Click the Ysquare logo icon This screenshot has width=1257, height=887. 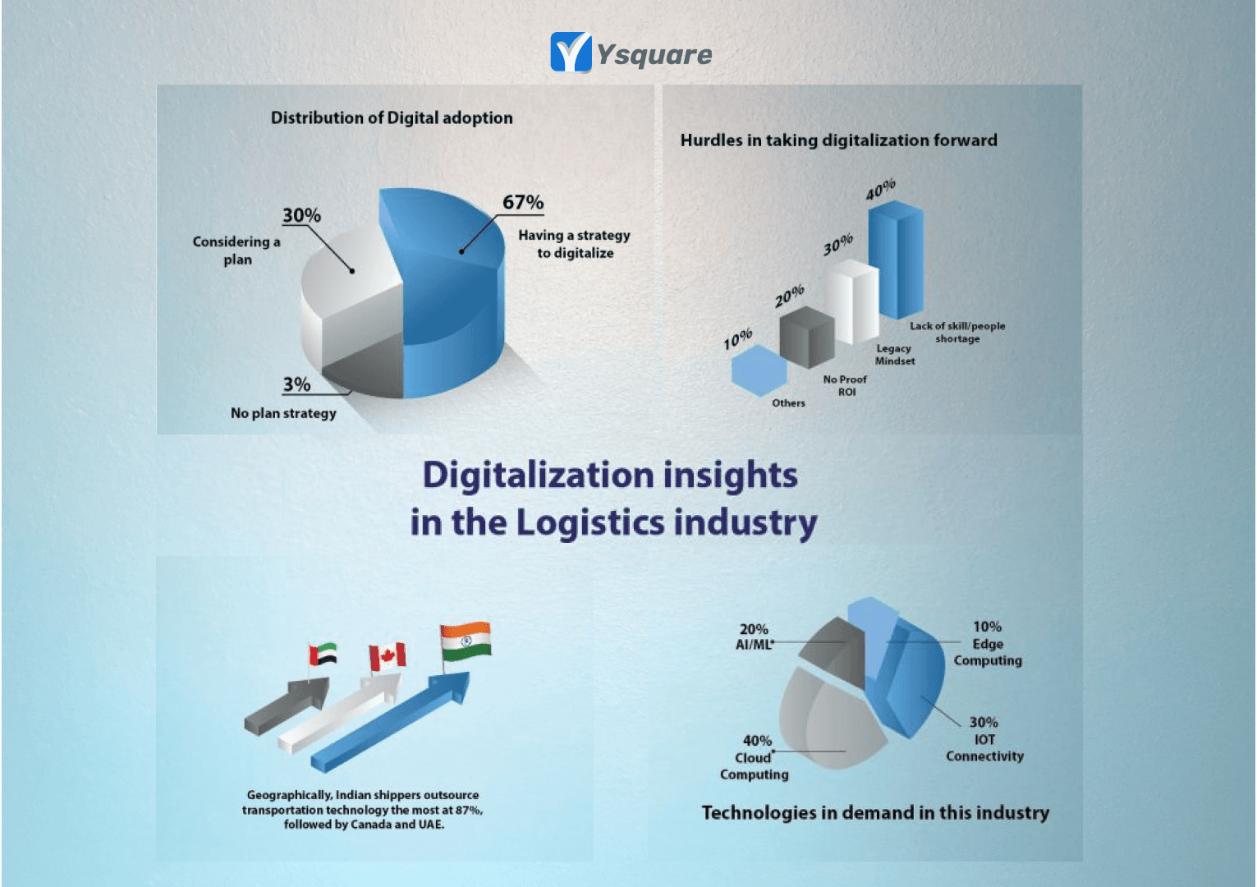(x=571, y=53)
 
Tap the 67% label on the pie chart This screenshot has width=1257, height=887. (x=523, y=202)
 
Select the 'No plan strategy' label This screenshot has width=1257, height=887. (x=283, y=413)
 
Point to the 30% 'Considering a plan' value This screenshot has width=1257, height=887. (x=301, y=215)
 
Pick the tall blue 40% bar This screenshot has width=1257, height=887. (x=896, y=259)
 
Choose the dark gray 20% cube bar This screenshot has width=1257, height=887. (x=806, y=337)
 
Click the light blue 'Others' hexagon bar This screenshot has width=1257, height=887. (x=759, y=370)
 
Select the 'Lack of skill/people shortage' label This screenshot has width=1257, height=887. (x=957, y=332)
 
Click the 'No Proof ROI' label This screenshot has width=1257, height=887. (x=845, y=385)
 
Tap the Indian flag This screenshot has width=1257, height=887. (x=465, y=641)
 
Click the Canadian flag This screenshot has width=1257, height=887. (x=387, y=657)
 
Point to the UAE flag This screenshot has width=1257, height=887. (x=323, y=655)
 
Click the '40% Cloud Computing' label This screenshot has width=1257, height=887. (x=755, y=757)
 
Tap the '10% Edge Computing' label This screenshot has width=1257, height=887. (x=988, y=643)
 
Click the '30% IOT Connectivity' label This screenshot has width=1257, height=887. (x=984, y=739)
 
